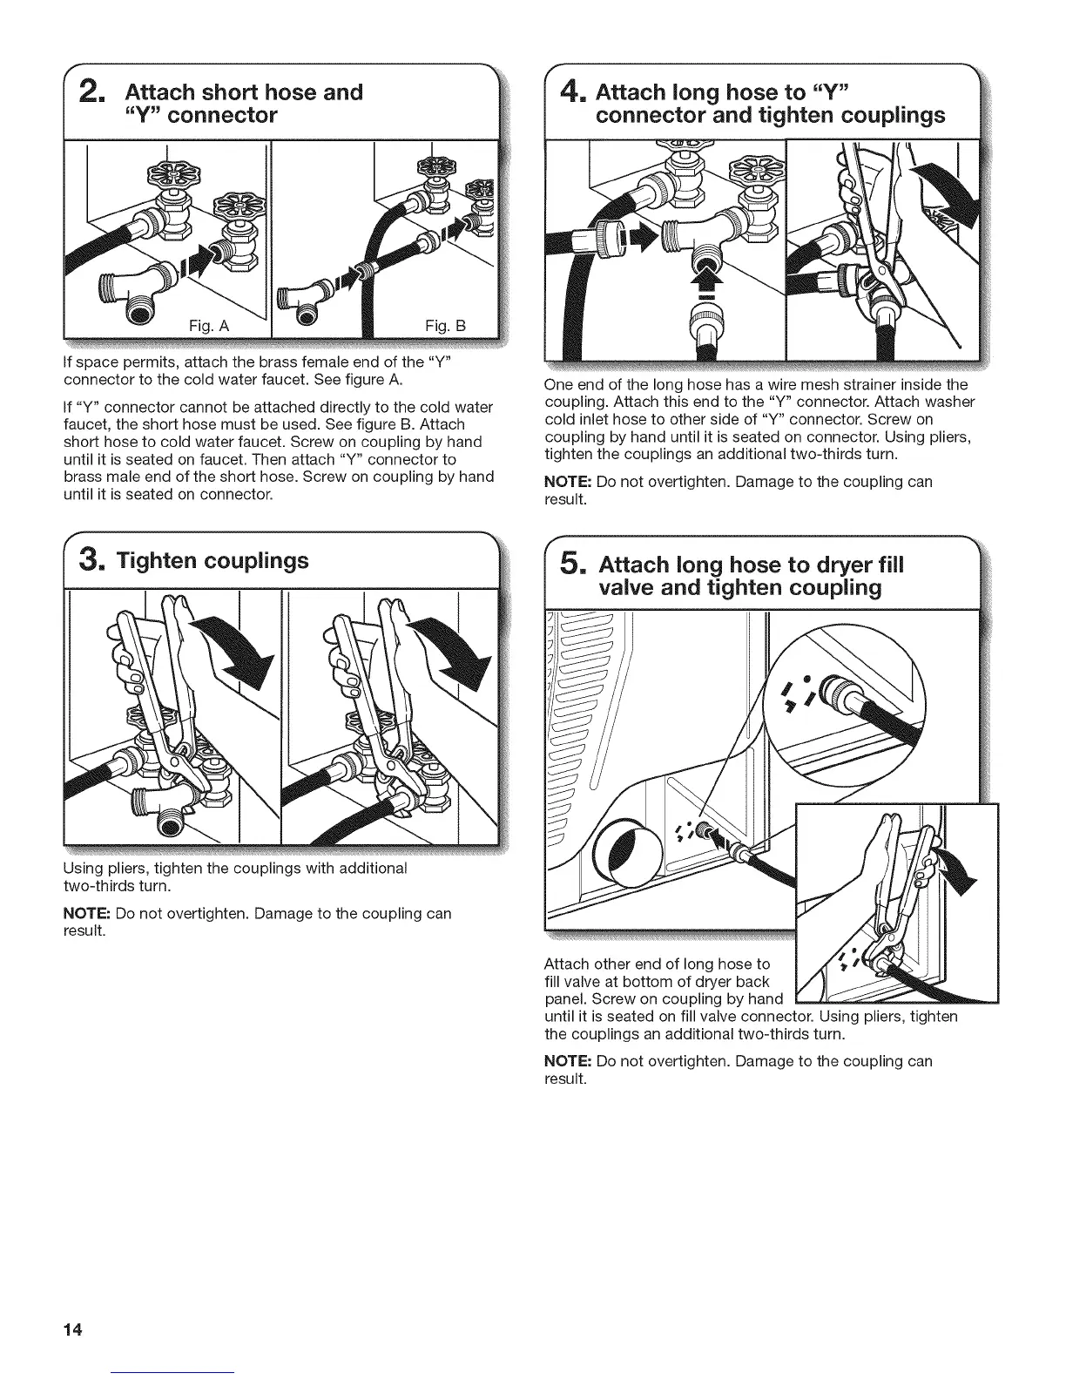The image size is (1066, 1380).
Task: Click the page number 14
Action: (73, 1329)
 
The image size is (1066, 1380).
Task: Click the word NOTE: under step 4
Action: (567, 482)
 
